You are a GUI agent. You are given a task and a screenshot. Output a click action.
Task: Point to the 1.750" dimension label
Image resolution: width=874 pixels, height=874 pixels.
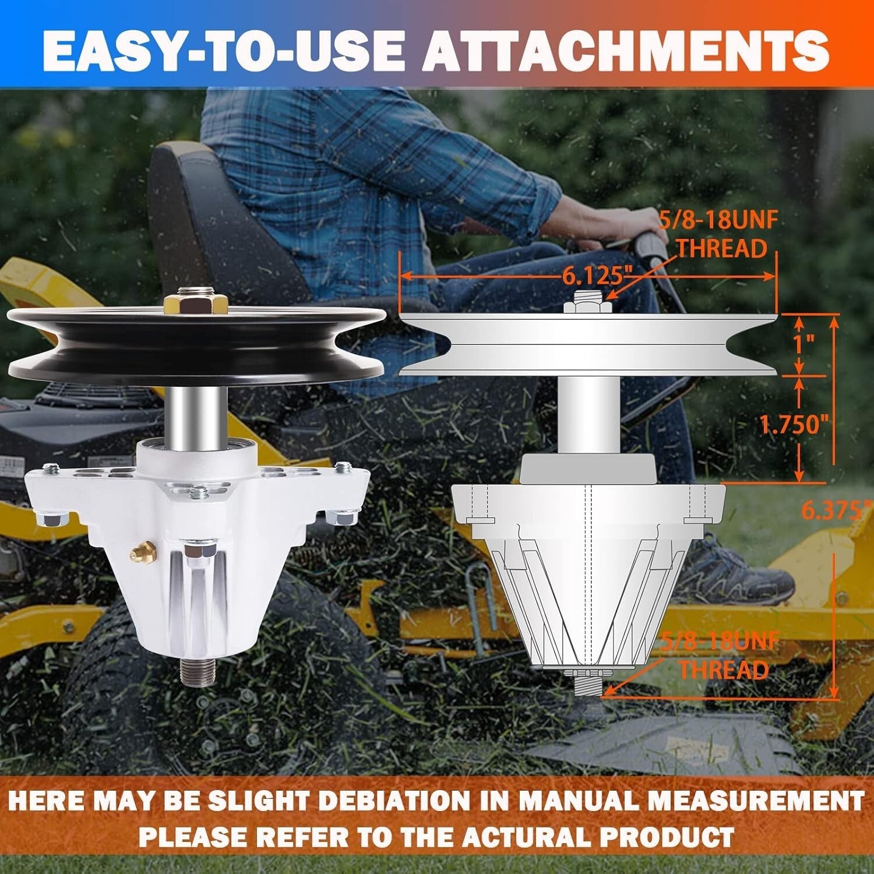(x=794, y=425)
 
